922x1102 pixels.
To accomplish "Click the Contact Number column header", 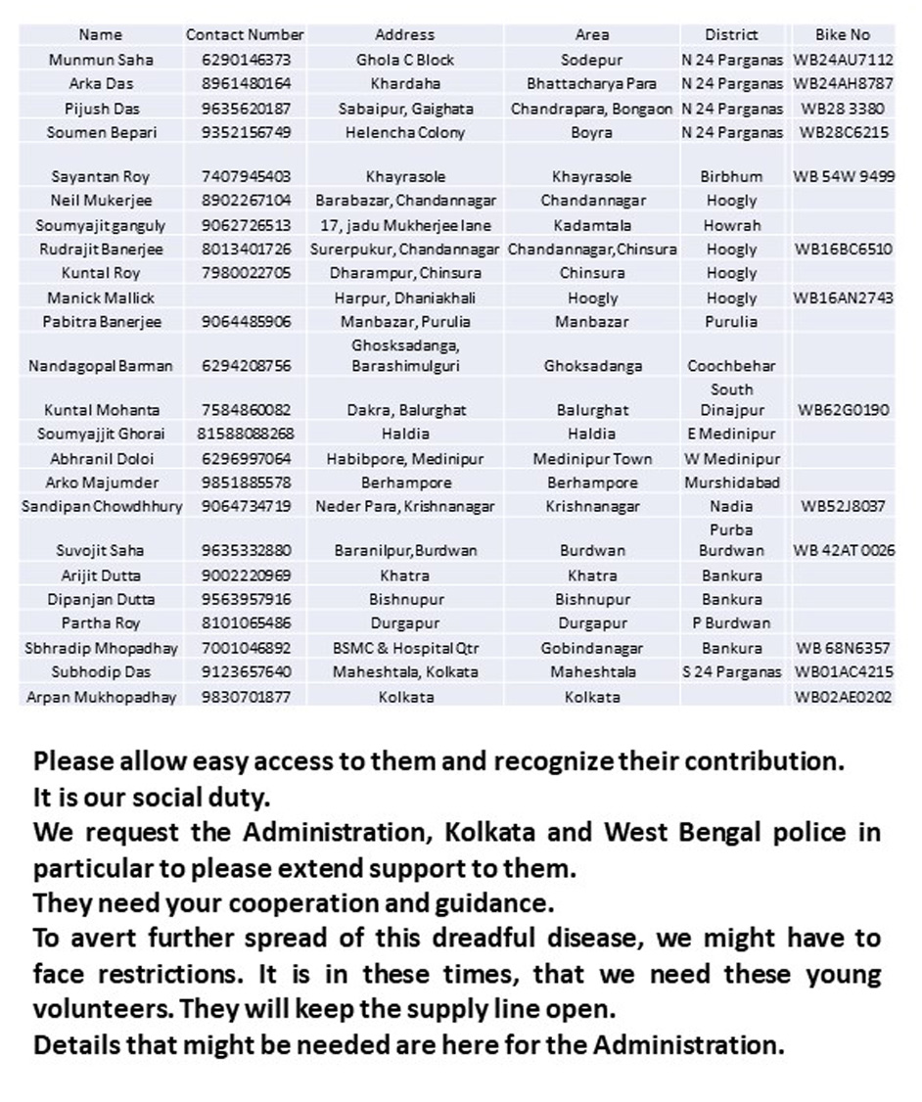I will coord(245,35).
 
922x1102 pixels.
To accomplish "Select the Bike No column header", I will coord(842,35).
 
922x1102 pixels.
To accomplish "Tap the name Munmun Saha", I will coord(101,60).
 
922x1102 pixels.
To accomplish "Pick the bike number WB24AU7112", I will coord(843,60).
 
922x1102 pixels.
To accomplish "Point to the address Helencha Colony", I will coord(404,132).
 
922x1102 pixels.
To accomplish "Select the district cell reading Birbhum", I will coord(731,177).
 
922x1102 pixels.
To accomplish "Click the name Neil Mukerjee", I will coord(101,201).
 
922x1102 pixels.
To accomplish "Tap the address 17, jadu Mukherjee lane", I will coord(404,225).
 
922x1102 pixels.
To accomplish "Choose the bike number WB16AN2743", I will coord(843,298).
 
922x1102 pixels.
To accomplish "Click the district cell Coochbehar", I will coord(731,366).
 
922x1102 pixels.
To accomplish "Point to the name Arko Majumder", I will coord(101,482).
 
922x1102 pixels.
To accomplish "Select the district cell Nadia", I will coord(731,506).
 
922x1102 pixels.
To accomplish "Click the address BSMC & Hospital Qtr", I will coord(404,648).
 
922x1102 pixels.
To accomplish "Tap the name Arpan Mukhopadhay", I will coord(101,697).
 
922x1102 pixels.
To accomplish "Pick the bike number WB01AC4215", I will coord(843,672).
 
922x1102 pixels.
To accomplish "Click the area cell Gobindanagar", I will coord(592,648).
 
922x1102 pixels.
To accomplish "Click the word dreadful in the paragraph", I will coord(492,939).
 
